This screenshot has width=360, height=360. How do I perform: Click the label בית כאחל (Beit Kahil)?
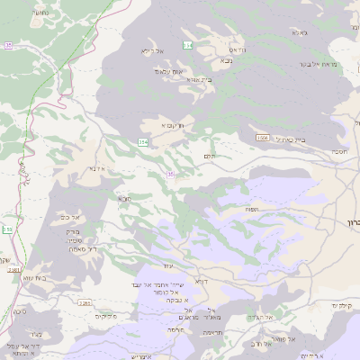287,139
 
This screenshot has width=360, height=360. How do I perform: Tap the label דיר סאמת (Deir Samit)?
86,248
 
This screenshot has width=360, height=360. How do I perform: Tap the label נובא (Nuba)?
225,61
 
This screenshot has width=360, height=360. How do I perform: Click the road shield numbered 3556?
262,138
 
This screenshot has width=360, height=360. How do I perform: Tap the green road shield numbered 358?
7,230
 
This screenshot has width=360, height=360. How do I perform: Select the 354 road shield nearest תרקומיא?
143,142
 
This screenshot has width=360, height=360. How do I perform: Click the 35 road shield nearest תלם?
169,175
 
